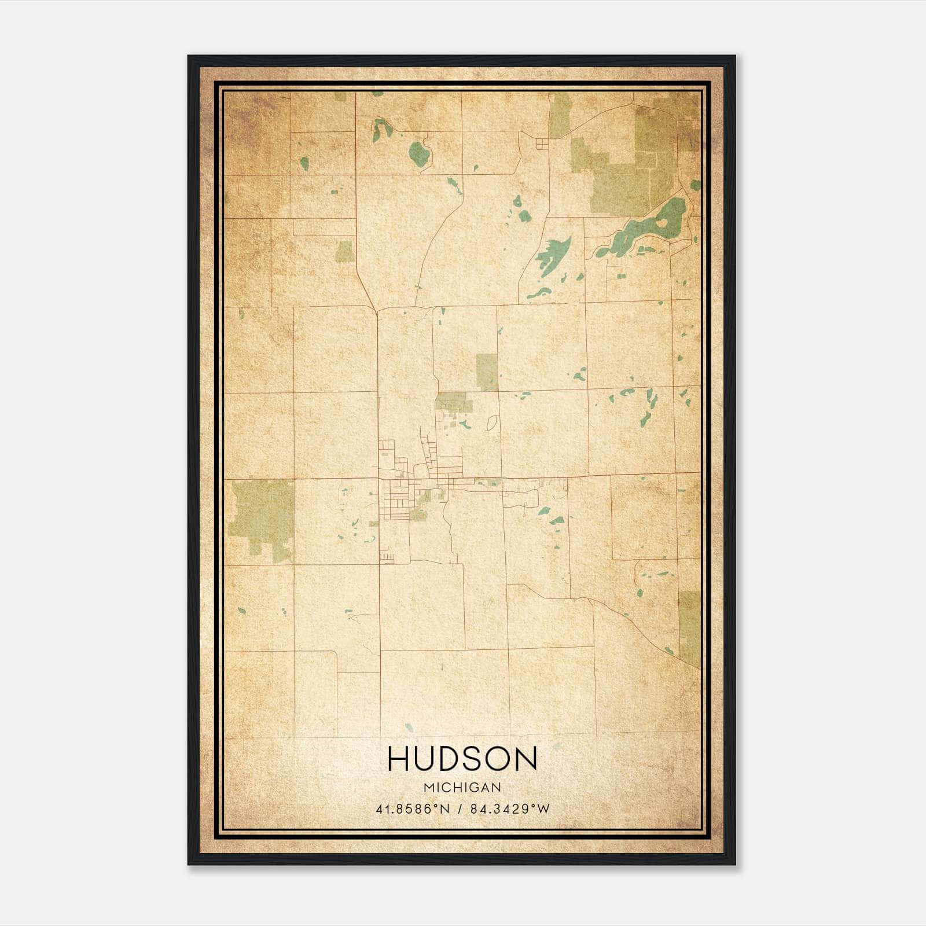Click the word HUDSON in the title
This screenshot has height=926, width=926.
[x=462, y=759]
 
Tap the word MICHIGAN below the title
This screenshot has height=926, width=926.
[x=462, y=788]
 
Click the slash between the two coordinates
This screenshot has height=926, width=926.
[x=460, y=809]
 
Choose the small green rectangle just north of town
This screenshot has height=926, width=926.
[x=487, y=372]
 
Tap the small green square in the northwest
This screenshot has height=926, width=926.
[x=346, y=251]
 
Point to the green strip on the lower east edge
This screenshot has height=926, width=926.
[x=689, y=628]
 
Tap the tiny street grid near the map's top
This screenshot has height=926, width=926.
[x=542, y=145]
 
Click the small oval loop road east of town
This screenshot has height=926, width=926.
[x=492, y=422]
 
